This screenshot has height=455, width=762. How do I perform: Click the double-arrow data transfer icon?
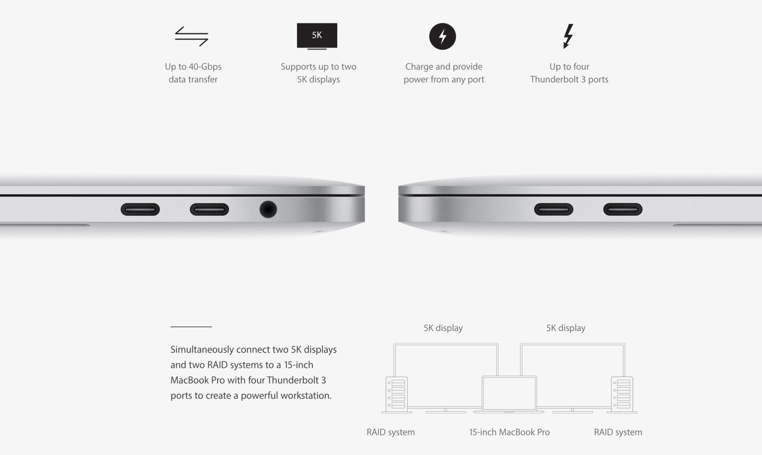(191, 36)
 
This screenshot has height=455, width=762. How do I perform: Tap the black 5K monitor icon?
(317, 35)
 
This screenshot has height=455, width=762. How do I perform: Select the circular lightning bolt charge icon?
(442, 36)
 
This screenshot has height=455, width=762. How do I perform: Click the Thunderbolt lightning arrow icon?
(568, 36)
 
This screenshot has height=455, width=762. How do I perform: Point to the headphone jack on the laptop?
(268, 209)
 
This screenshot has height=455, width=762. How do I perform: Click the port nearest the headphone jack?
(209, 209)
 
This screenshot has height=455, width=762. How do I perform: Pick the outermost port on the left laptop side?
(140, 209)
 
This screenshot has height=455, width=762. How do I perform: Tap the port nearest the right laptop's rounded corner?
(553, 209)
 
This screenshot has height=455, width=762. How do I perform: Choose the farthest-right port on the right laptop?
(622, 209)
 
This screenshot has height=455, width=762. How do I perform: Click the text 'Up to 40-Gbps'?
(193, 67)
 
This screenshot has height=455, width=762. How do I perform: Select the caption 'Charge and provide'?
(443, 67)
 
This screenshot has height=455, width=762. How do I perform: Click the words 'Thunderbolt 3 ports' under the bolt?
(569, 80)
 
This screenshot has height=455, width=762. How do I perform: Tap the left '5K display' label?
(443, 328)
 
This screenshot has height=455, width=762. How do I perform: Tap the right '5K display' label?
(566, 328)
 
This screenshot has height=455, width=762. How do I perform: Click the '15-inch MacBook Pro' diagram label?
(509, 432)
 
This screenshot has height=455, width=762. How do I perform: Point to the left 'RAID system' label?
(391, 432)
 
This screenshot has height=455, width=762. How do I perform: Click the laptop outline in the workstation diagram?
(509, 394)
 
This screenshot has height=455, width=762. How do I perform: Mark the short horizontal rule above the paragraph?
(191, 327)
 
